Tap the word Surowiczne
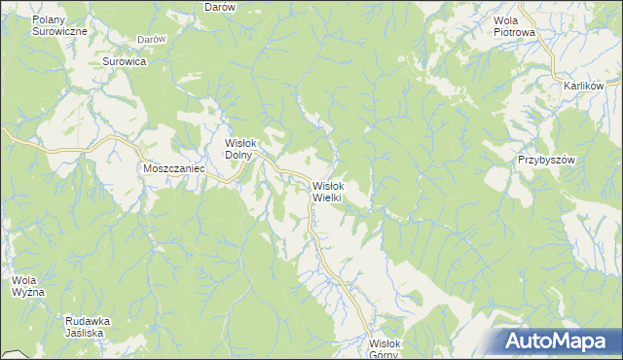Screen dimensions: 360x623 59,31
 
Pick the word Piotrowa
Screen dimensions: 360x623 515,32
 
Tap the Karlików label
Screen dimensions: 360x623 584,86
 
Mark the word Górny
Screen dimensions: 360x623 386,354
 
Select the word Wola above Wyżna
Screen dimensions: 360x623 24,281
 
